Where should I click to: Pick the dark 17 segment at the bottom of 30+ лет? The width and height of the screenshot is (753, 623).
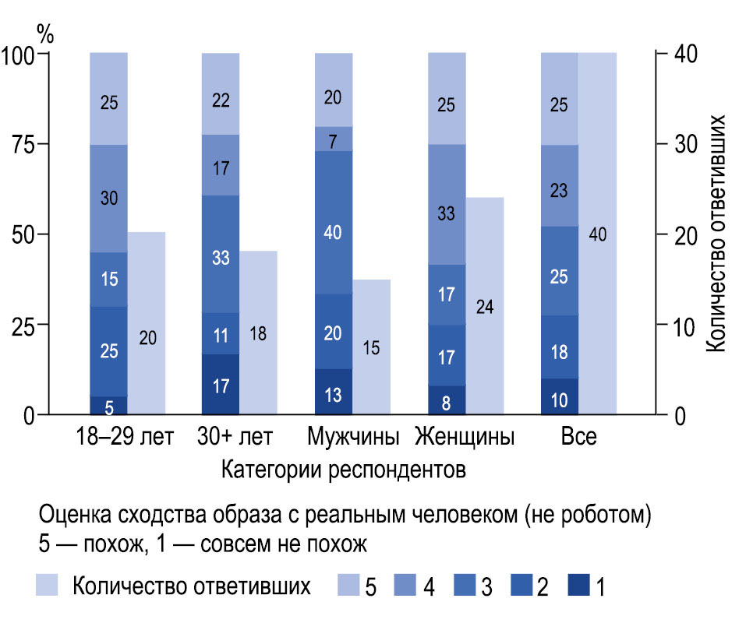(221, 385)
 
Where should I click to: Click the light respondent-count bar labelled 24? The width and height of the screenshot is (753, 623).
(485, 306)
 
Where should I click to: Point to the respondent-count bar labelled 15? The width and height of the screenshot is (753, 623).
(372, 347)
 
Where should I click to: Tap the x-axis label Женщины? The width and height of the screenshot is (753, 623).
(465, 436)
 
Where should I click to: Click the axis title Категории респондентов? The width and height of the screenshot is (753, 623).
(344, 470)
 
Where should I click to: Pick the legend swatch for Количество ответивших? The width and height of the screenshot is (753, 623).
(48, 586)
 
